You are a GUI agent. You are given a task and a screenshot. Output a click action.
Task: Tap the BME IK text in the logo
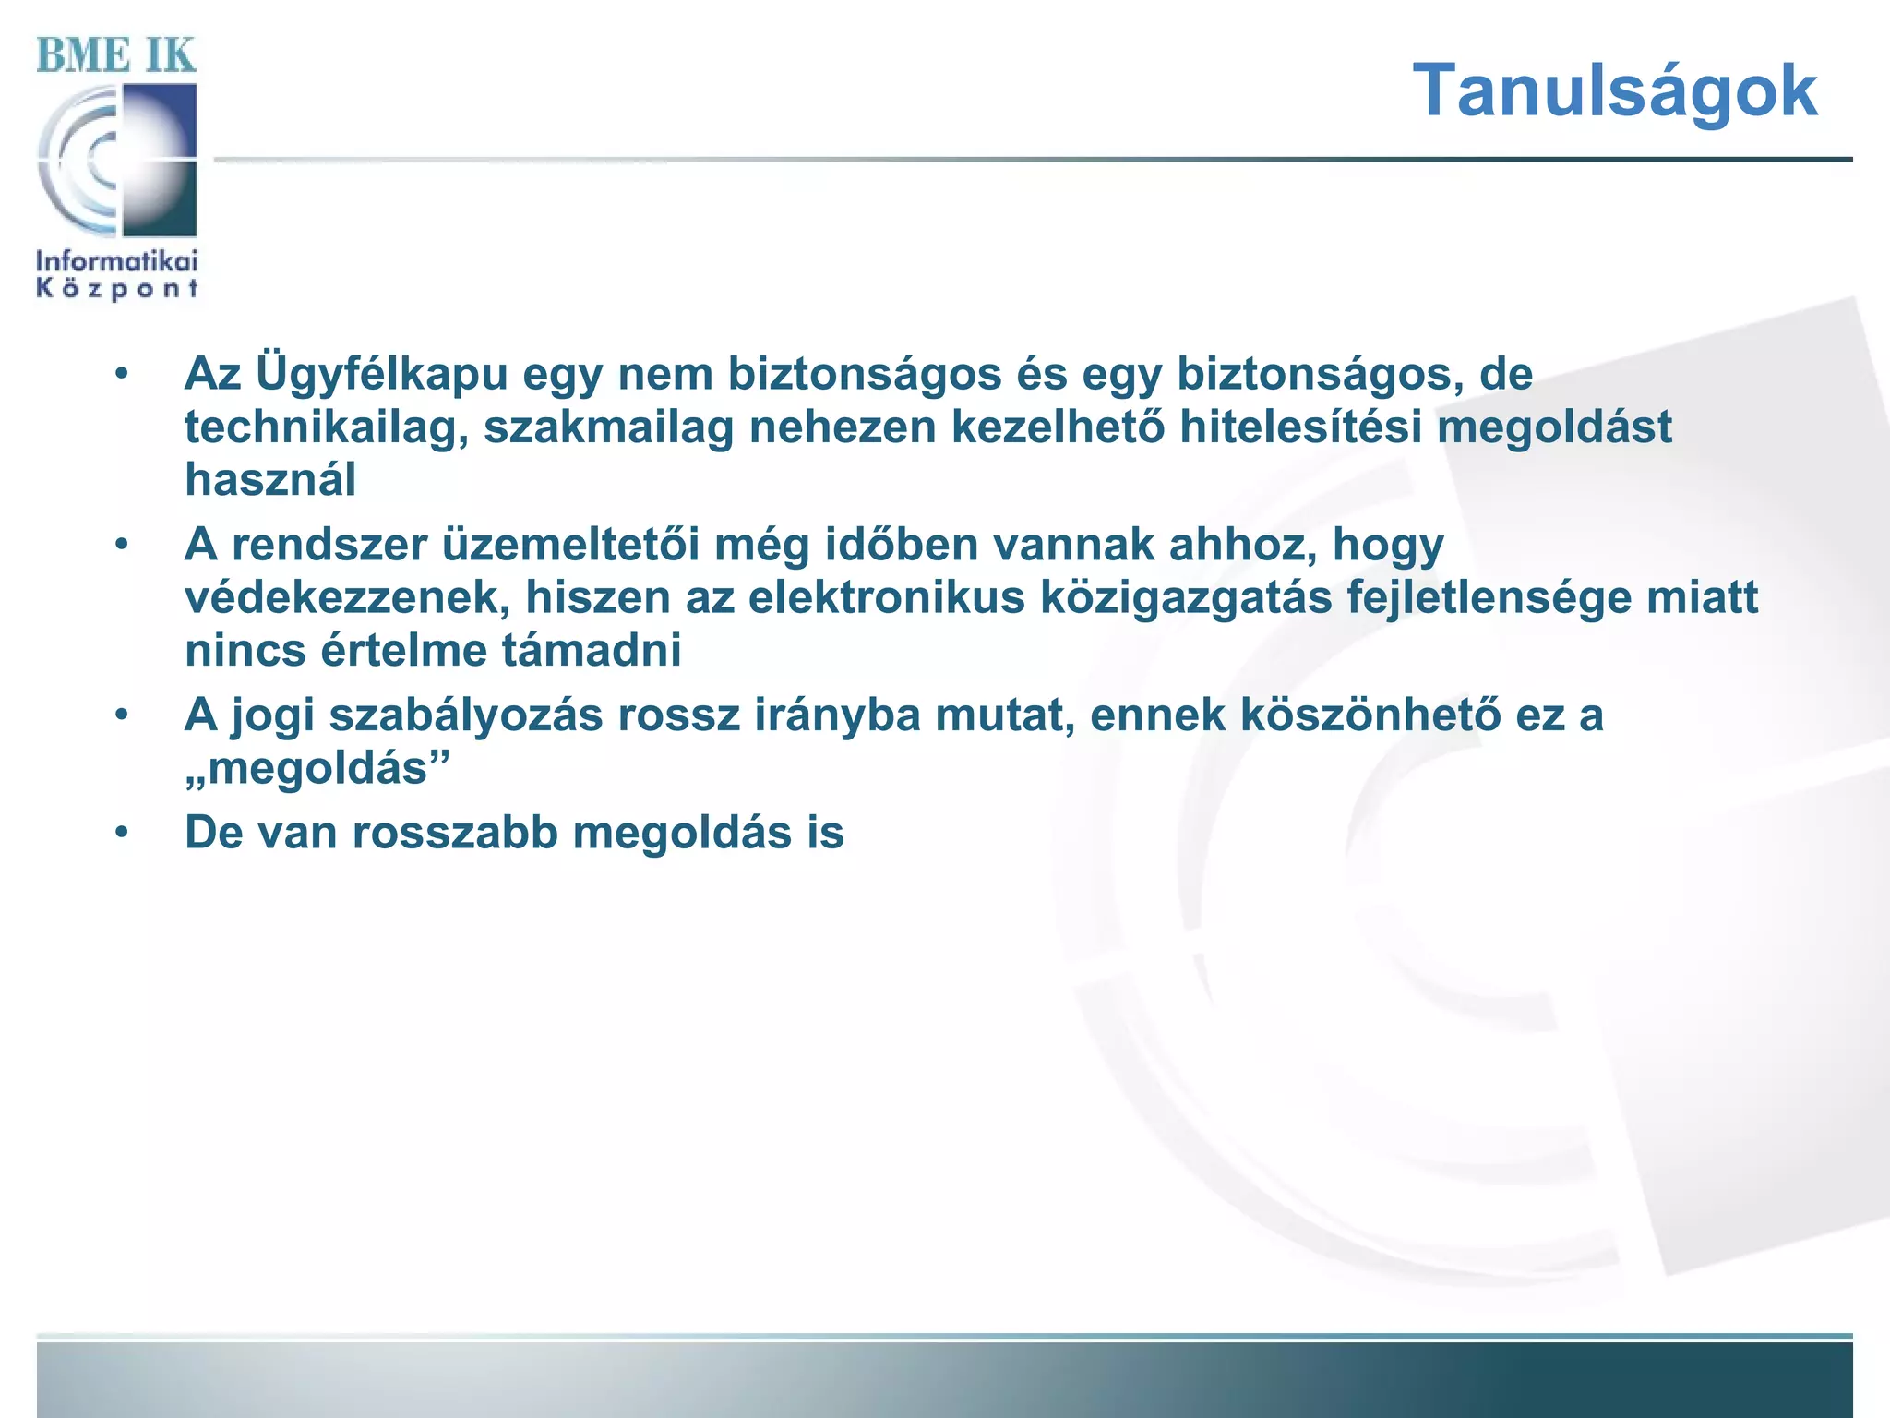point(116,55)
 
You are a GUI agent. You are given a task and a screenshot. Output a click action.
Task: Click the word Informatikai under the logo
point(117,260)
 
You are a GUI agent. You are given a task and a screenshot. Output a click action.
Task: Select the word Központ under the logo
point(117,289)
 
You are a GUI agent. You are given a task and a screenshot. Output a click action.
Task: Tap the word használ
point(269,480)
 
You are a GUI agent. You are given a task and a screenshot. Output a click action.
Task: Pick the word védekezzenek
point(347,598)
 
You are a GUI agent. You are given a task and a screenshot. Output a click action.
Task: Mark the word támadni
point(591,651)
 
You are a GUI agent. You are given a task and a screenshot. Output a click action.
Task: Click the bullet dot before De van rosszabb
point(122,833)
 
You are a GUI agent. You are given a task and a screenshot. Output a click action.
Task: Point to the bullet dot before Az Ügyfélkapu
point(122,375)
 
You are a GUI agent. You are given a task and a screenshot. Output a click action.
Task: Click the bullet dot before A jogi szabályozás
point(122,715)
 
